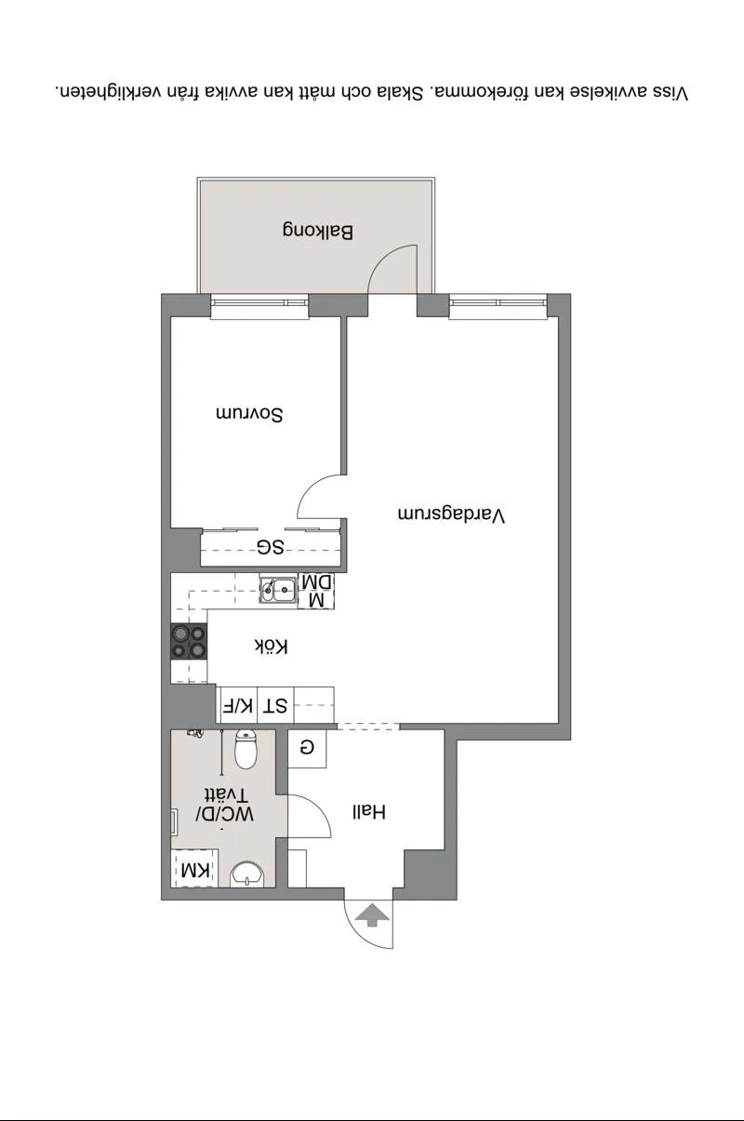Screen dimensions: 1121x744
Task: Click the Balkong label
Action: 318,232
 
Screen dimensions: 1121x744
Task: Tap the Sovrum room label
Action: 249,414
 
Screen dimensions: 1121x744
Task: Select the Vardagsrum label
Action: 451,514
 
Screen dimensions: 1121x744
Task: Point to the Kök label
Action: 271,646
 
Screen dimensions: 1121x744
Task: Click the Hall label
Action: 367,811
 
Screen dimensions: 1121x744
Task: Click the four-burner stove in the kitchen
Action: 188,642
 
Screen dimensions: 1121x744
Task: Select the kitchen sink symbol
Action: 278,589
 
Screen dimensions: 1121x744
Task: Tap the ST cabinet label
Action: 274,706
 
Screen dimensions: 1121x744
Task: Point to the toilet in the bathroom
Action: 246,749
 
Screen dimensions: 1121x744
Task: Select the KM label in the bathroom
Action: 195,870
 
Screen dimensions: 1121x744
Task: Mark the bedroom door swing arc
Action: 318,498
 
